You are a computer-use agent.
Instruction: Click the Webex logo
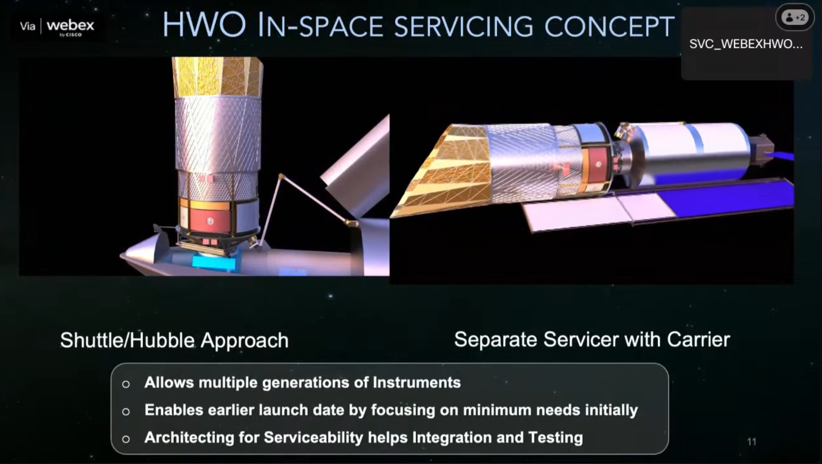[70, 27]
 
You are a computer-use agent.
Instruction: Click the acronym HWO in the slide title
[204, 25]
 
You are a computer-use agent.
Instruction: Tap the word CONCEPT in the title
[609, 26]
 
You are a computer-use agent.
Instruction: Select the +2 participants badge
[795, 17]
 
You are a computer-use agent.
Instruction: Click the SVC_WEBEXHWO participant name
[746, 44]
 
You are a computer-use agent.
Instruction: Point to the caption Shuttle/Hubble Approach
[174, 340]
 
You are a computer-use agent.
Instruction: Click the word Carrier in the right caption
[698, 339]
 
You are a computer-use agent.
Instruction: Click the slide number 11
[752, 442]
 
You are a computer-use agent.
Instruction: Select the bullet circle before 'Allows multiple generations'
[126, 384]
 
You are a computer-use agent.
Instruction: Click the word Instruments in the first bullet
[417, 382]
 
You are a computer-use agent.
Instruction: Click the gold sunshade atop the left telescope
[217, 77]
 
